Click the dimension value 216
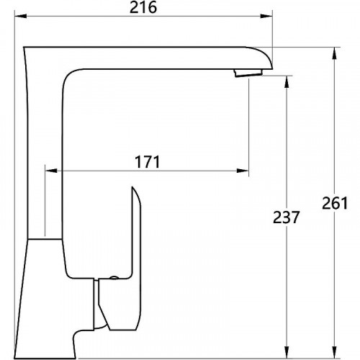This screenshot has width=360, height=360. (x=143, y=8)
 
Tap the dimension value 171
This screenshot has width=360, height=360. (x=148, y=162)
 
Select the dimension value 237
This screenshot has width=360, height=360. (x=287, y=217)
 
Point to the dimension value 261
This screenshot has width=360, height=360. (x=335, y=203)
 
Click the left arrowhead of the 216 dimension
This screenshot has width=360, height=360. (x=20, y=17)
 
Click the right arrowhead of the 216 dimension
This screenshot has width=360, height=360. (x=266, y=17)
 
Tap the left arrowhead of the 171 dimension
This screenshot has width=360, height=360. (x=51, y=171)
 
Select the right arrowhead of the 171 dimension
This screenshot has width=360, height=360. (x=243, y=171)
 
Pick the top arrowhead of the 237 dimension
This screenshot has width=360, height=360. (x=287, y=82)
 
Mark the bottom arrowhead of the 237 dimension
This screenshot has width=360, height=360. (x=287, y=353)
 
